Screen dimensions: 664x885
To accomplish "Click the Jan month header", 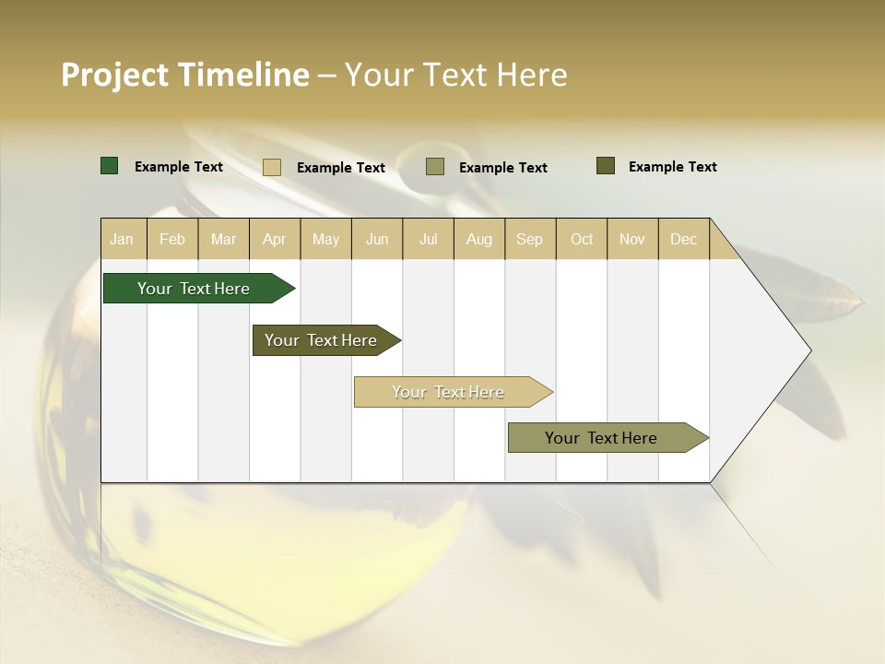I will (x=123, y=239).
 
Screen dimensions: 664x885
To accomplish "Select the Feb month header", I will (x=172, y=239).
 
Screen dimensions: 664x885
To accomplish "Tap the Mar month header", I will (x=223, y=239).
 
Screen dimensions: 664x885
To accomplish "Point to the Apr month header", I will (x=275, y=239).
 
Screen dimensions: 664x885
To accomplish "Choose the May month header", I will (x=325, y=239).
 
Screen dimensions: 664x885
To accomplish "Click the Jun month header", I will (x=377, y=239).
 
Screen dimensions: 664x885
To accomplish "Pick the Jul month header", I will (x=428, y=239).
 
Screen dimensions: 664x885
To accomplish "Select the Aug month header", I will (x=479, y=239).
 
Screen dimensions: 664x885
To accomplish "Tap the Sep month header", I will (x=530, y=239).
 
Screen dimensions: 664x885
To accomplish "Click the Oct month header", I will (x=582, y=239).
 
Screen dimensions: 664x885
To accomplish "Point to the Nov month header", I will (x=632, y=239).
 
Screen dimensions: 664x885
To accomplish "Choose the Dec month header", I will (x=684, y=239).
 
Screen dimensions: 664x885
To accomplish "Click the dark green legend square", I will (x=110, y=166).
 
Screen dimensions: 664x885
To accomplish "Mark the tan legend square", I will (x=272, y=167).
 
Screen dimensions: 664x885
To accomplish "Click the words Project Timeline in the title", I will (x=185, y=75).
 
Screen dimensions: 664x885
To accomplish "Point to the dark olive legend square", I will (x=606, y=166).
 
